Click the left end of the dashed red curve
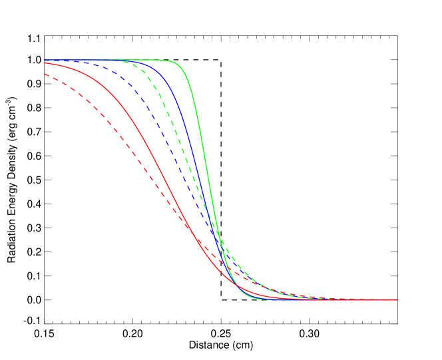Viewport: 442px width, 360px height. (x=45, y=75)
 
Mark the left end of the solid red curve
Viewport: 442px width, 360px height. (x=45, y=63)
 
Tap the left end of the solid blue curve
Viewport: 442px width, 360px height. (x=45, y=60)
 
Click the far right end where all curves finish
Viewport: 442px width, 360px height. (x=397, y=299)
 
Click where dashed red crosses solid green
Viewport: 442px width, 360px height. (x=230, y=270)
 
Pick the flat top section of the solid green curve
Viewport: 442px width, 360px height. (x=146, y=60)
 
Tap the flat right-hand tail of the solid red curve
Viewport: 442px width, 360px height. (x=346, y=299)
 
